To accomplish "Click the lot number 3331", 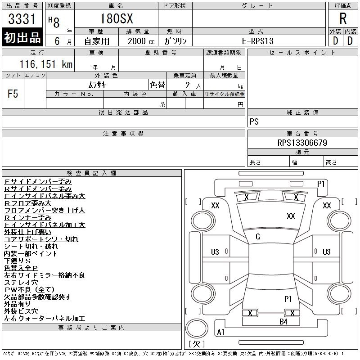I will point(22,19).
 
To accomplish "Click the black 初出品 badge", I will point(22,38).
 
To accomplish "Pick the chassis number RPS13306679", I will point(302,143).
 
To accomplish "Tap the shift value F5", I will point(13,94).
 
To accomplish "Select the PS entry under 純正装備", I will point(254,121).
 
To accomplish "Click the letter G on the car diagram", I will point(258,237).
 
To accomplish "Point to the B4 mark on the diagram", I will point(283,322).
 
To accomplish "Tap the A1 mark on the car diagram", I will point(221,332).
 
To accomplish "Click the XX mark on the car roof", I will point(291,216).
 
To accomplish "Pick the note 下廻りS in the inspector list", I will point(17,261).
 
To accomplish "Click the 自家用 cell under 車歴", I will point(97,41).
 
